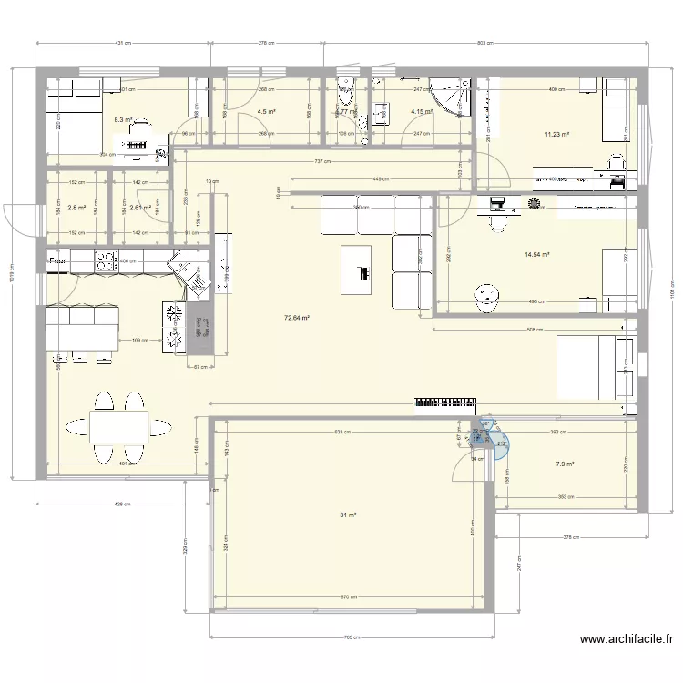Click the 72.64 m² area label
297,318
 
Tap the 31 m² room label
348,515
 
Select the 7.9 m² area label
565,464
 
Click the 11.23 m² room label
556,135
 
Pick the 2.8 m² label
77,208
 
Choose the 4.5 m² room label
266,112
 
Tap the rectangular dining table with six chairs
118,425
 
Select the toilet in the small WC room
345,91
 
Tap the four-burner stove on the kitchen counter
107,261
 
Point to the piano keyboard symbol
446,401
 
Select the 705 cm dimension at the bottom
352,637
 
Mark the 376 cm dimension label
572,537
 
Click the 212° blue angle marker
502,443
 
